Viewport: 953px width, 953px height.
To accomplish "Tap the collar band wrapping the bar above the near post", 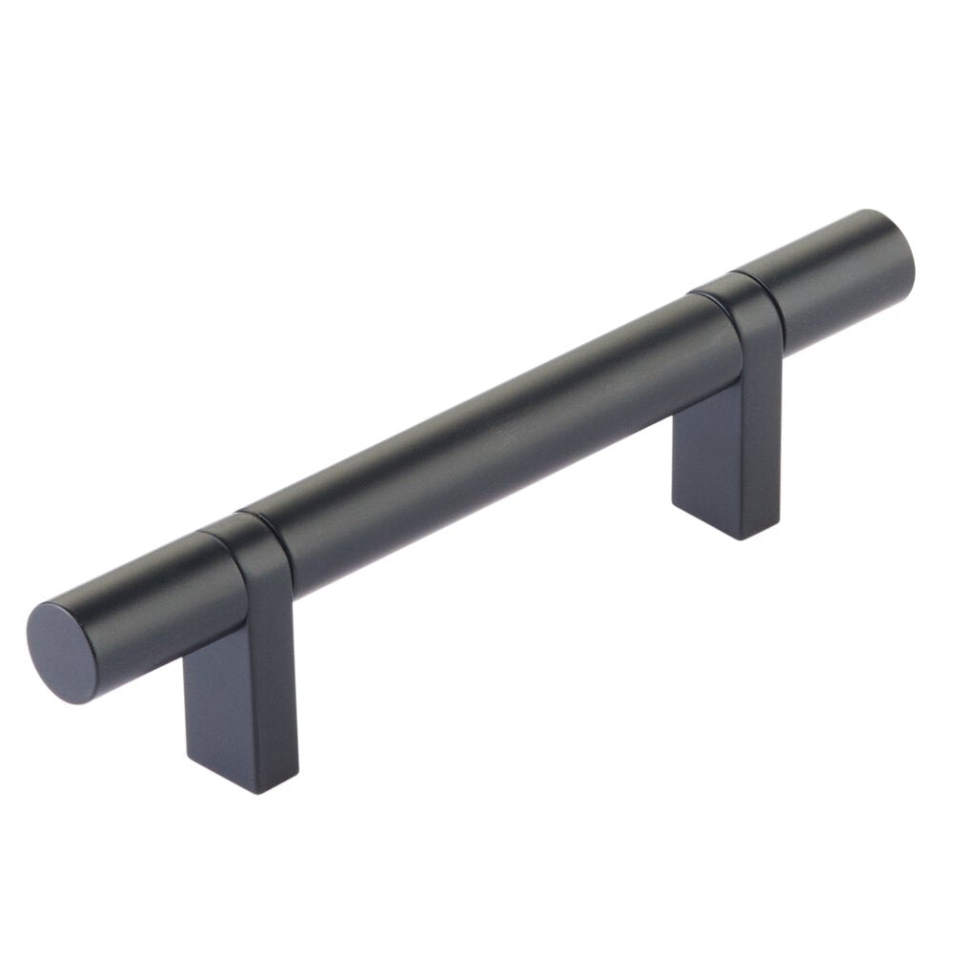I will point(253,553).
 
